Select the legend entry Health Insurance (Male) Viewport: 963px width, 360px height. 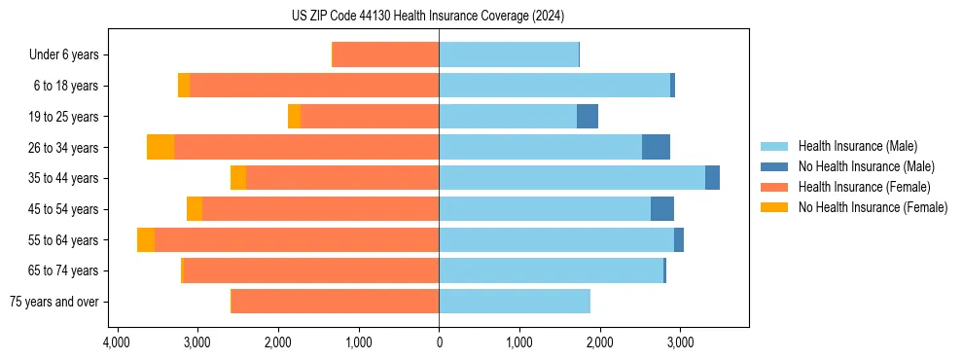tap(856, 146)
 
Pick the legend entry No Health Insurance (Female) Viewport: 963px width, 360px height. tap(872, 207)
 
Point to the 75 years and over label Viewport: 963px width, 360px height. tap(53, 302)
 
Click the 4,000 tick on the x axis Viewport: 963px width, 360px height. tap(117, 342)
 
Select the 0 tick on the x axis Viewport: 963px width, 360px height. tap(439, 342)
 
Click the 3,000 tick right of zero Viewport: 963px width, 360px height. tap(680, 342)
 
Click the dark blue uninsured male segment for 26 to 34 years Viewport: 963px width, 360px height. tap(656, 147)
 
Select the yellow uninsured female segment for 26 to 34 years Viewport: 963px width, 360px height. tap(160, 147)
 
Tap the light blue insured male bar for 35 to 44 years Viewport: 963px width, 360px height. tap(572, 178)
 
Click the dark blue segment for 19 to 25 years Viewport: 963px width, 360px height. tap(588, 117)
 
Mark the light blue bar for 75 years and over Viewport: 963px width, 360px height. tap(515, 302)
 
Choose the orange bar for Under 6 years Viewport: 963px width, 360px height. tap(386, 55)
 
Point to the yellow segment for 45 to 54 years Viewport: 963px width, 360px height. tap(195, 209)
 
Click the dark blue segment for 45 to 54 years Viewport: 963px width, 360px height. tap(662, 209)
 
